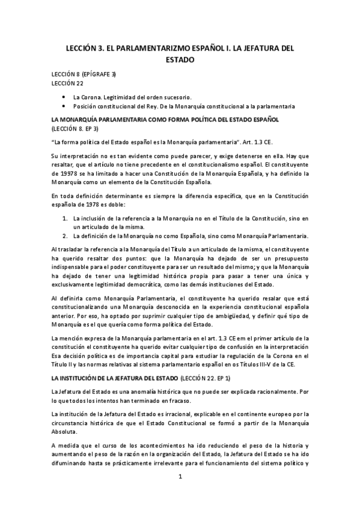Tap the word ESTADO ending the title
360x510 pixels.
(x=180, y=60)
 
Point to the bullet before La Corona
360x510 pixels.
(x=64, y=96)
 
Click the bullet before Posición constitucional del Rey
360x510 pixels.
(x=64, y=106)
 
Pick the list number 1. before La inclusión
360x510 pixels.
(x=65, y=218)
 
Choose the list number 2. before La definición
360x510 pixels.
(x=65, y=236)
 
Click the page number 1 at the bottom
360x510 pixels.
(x=180, y=477)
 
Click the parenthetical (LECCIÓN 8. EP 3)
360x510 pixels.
(x=75, y=129)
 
